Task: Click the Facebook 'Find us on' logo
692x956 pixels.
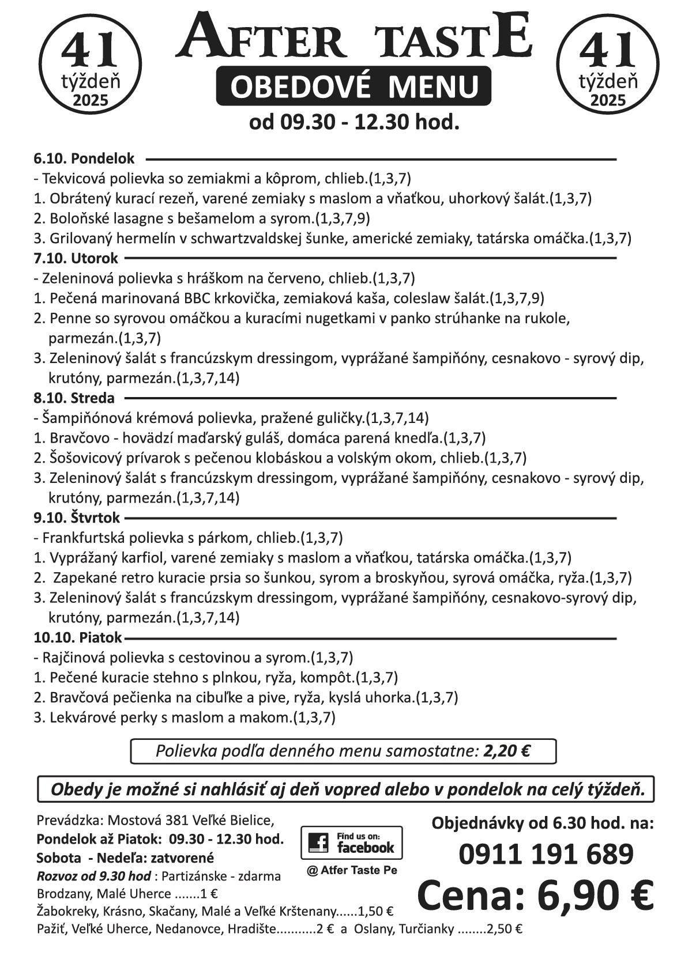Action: point(351,842)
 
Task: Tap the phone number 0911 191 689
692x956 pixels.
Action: point(546,855)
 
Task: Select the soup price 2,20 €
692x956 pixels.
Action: point(507,751)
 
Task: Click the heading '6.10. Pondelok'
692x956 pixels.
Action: point(84,158)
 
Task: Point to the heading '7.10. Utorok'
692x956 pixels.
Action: point(76,258)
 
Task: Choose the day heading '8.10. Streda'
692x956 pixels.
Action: point(74,398)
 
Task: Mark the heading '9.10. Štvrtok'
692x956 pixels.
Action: point(77,518)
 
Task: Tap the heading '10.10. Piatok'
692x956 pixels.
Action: point(78,638)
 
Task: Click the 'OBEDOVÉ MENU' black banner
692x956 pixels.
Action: point(353,86)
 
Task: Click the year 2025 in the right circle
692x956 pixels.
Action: point(608,100)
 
